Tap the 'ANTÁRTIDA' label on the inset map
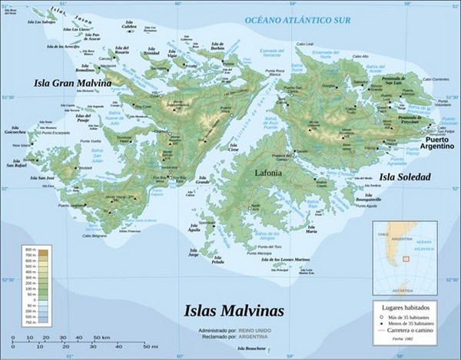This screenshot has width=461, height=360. [403, 291]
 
